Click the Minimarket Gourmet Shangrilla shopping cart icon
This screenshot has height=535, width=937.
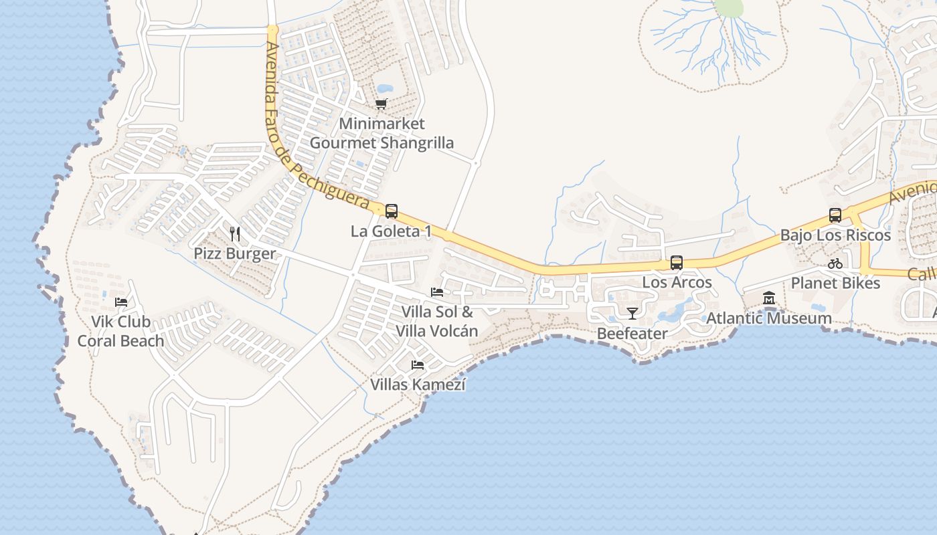381,104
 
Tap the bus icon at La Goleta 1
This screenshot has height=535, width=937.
392,211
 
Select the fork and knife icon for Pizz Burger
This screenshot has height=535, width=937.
234,233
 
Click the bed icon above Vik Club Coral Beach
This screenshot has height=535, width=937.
121,302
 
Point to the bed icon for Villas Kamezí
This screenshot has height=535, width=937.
418,365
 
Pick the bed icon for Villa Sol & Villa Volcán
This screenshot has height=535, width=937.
437,292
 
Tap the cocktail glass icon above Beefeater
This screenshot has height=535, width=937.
632,313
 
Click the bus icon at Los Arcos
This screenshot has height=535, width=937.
677,263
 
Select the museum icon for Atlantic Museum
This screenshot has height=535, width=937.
769,298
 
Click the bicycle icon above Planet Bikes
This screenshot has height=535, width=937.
835,263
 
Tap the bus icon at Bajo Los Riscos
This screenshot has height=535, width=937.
835,215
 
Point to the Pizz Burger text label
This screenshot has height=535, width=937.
234,253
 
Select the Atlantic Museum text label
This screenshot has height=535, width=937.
769,318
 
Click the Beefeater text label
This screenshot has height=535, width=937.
632,333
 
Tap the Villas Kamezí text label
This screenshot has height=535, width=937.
418,385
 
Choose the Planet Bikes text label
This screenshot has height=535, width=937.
835,283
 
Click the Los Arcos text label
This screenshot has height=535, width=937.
677,282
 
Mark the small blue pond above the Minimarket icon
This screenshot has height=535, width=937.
384,88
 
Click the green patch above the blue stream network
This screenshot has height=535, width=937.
729,7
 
